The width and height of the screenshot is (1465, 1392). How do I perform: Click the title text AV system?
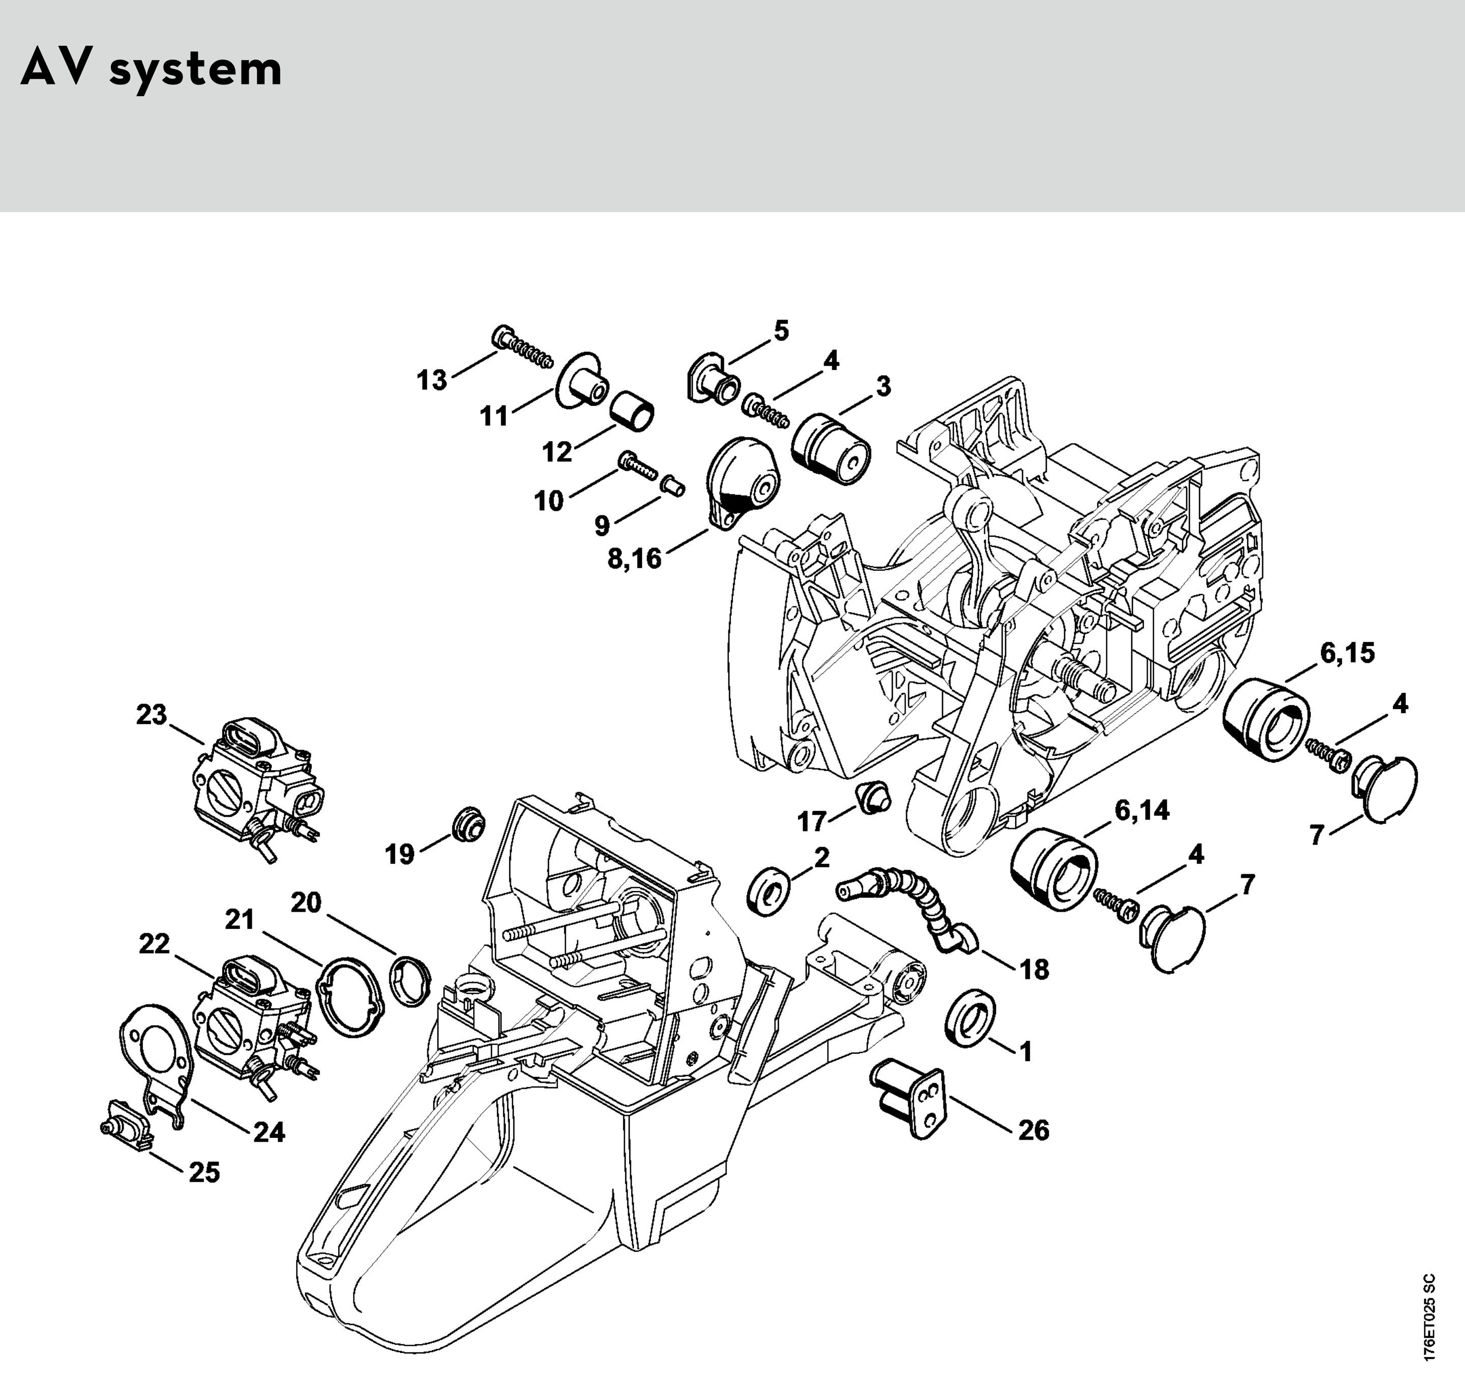(151, 69)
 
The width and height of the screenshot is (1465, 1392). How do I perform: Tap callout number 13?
(432, 381)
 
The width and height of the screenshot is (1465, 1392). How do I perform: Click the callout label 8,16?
(634, 558)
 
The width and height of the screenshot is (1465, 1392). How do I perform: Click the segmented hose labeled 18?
(909, 905)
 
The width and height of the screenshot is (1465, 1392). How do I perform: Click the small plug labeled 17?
(874, 797)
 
